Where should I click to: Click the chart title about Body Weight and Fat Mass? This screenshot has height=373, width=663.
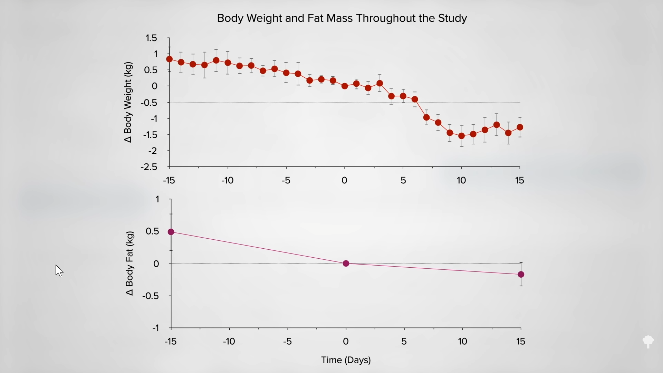click(x=342, y=18)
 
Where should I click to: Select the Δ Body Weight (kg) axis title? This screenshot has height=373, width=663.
click(x=128, y=102)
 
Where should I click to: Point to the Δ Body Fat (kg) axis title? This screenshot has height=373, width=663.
click(x=129, y=263)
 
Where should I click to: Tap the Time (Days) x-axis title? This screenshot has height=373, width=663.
click(x=346, y=360)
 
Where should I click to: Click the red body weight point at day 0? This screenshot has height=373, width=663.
click(x=345, y=86)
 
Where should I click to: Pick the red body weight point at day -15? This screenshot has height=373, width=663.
click(x=170, y=59)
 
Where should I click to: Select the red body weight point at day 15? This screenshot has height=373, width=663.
click(x=520, y=127)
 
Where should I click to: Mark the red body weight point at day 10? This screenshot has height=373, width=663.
click(x=462, y=136)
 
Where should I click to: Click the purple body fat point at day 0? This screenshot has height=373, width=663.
click(x=346, y=264)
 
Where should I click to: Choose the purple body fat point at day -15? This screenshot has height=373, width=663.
click(x=171, y=232)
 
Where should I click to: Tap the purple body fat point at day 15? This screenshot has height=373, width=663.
click(x=521, y=274)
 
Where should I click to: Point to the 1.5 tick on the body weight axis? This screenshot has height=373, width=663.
click(x=151, y=38)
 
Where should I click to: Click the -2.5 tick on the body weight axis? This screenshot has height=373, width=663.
click(x=149, y=167)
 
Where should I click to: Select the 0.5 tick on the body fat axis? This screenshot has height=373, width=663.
click(x=152, y=231)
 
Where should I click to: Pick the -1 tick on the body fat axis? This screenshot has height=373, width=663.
click(x=155, y=328)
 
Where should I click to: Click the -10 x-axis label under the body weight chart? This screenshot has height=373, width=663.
click(x=228, y=180)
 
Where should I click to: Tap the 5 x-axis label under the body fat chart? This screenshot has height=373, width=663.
click(x=404, y=342)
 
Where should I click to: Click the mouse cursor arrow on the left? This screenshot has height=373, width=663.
click(x=59, y=271)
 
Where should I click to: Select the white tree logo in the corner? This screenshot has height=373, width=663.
click(x=648, y=342)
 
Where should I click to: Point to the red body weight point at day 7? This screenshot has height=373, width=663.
click(x=426, y=117)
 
